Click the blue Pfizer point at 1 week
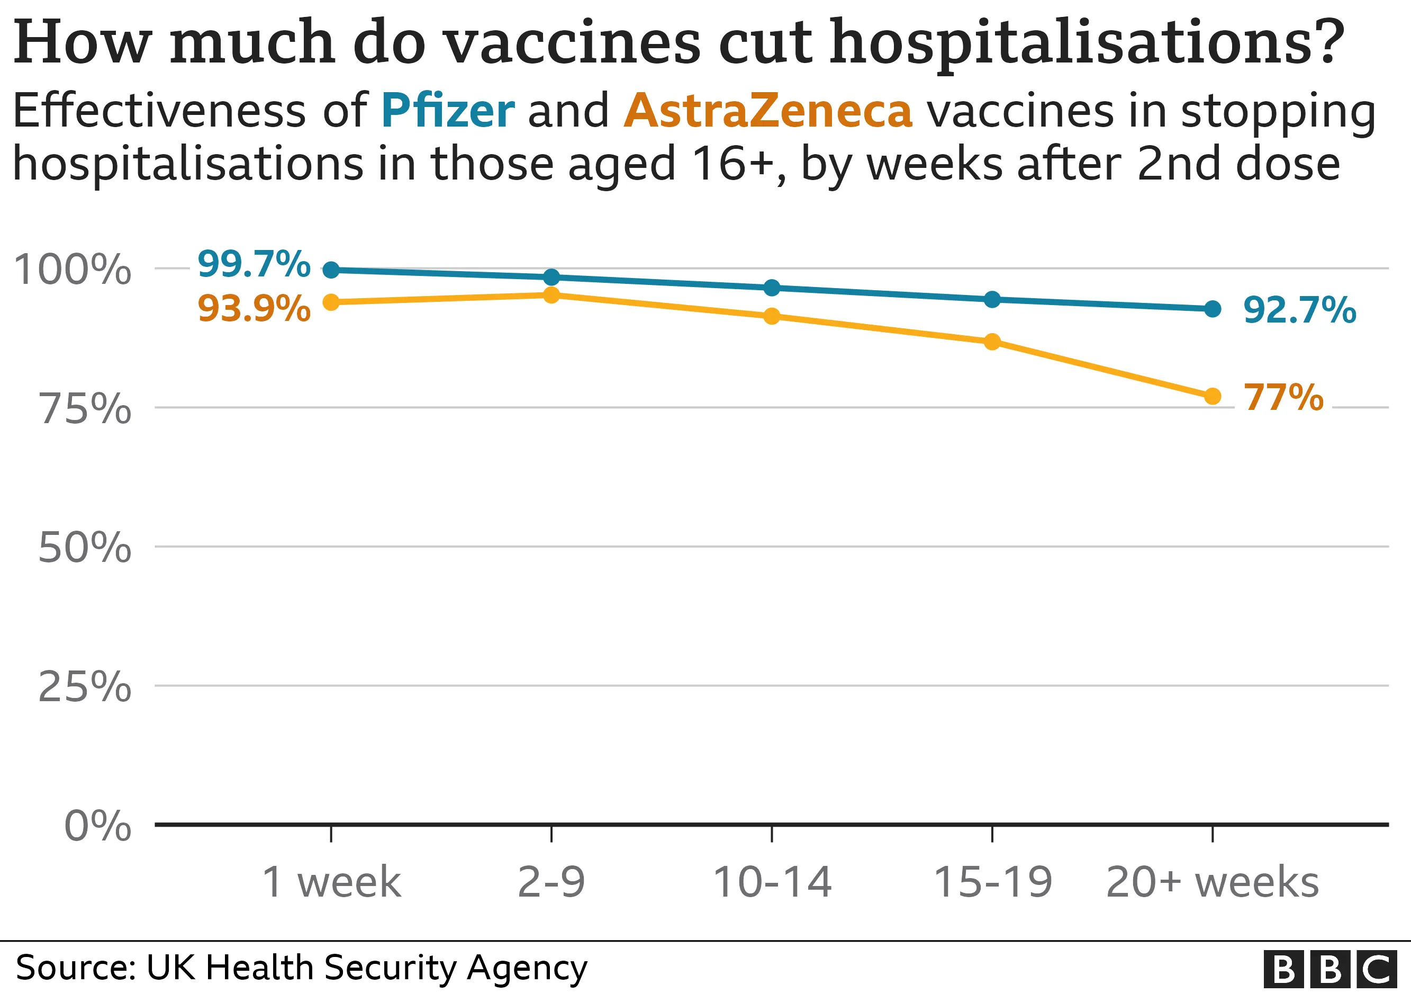coord(331,270)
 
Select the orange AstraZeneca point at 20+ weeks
coord(1212,396)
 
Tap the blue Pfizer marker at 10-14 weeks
coord(772,287)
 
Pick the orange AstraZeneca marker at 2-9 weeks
coord(552,295)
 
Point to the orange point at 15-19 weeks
coord(992,341)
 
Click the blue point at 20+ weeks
coord(1212,309)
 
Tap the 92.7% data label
coord(1299,309)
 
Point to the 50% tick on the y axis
coord(85,547)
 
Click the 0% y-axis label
coord(97,825)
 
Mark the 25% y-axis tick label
coord(85,686)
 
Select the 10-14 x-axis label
coord(772,882)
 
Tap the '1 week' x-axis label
coord(331,882)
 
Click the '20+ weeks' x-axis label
coord(1212,882)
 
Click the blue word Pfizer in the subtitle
coord(447,111)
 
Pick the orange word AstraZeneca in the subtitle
coord(767,111)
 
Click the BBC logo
coord(1330,970)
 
